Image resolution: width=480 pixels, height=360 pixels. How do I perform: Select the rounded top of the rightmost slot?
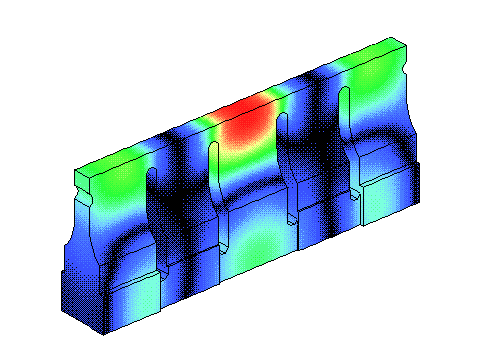point(344,93)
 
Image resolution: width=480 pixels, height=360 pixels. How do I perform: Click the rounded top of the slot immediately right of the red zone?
point(283,118)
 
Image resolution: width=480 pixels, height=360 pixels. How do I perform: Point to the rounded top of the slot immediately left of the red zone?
point(213,148)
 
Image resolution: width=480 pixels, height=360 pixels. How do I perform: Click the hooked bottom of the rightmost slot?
point(357,196)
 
